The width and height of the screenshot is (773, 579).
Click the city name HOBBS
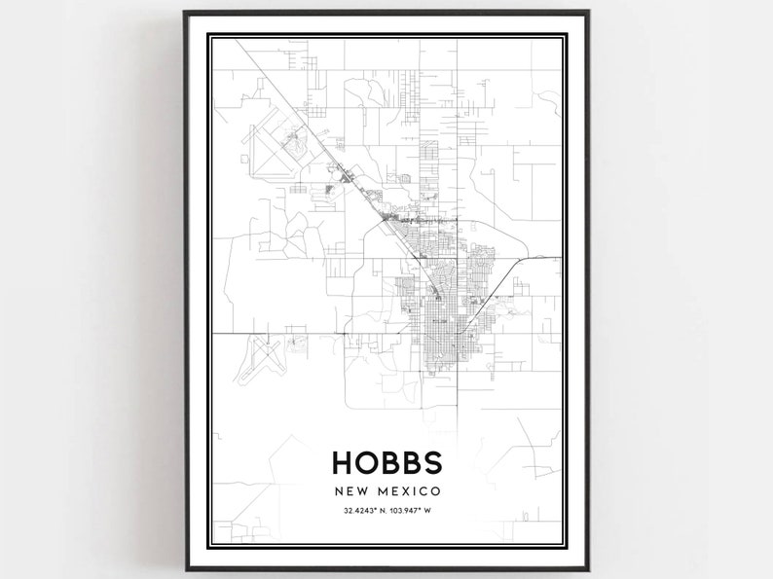[386, 461]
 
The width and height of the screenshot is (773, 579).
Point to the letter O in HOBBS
[365, 461]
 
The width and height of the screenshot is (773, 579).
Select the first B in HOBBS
[388, 461]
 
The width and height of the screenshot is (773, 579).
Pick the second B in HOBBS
[409, 461]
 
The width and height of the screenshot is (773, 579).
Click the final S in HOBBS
[430, 461]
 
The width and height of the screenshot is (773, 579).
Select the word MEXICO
[406, 490]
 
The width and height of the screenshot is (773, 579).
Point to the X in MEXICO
[408, 490]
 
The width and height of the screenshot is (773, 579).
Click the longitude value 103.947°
[409, 510]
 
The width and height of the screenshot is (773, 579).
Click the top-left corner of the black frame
[185, 13]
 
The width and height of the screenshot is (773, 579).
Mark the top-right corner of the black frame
[588, 13]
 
